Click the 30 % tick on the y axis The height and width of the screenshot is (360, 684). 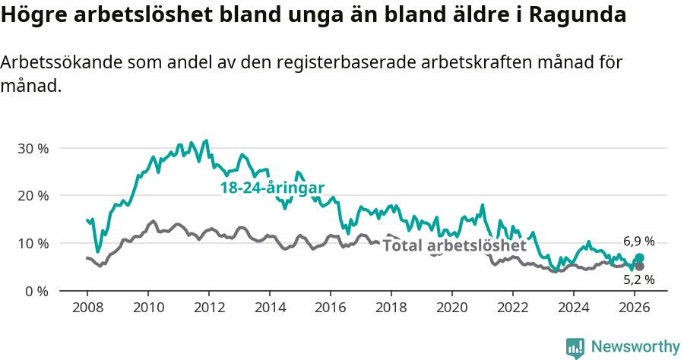(32, 148)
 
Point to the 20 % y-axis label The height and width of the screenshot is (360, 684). (32, 196)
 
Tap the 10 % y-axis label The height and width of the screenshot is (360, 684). (32, 244)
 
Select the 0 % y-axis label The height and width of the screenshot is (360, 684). (36, 292)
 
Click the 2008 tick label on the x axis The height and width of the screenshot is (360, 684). (87, 308)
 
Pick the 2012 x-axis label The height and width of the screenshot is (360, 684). (208, 308)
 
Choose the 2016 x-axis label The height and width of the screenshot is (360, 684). (331, 308)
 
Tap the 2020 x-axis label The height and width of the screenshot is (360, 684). (452, 308)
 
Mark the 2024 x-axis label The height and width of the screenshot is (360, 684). (574, 308)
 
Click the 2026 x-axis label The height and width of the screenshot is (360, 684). (635, 308)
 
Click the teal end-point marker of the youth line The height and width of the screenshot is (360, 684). (639, 258)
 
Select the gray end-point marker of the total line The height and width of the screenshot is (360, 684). (639, 267)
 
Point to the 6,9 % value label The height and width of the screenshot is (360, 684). (638, 240)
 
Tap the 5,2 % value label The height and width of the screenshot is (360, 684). (638, 279)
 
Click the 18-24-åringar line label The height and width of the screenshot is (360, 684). (272, 188)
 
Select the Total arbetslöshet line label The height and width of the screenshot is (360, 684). (454, 246)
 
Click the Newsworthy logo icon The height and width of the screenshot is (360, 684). (575, 347)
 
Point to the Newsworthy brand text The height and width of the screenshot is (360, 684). (635, 347)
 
